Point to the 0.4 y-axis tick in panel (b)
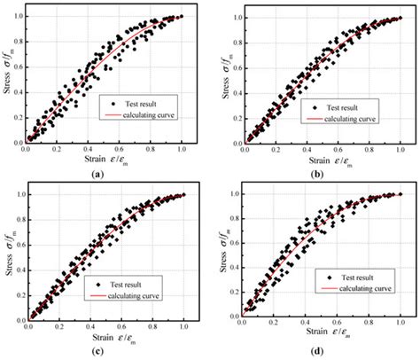click(x=233, y=91)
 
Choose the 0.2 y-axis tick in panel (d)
click(x=234, y=292)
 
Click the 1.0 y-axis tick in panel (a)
click(x=19, y=17)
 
